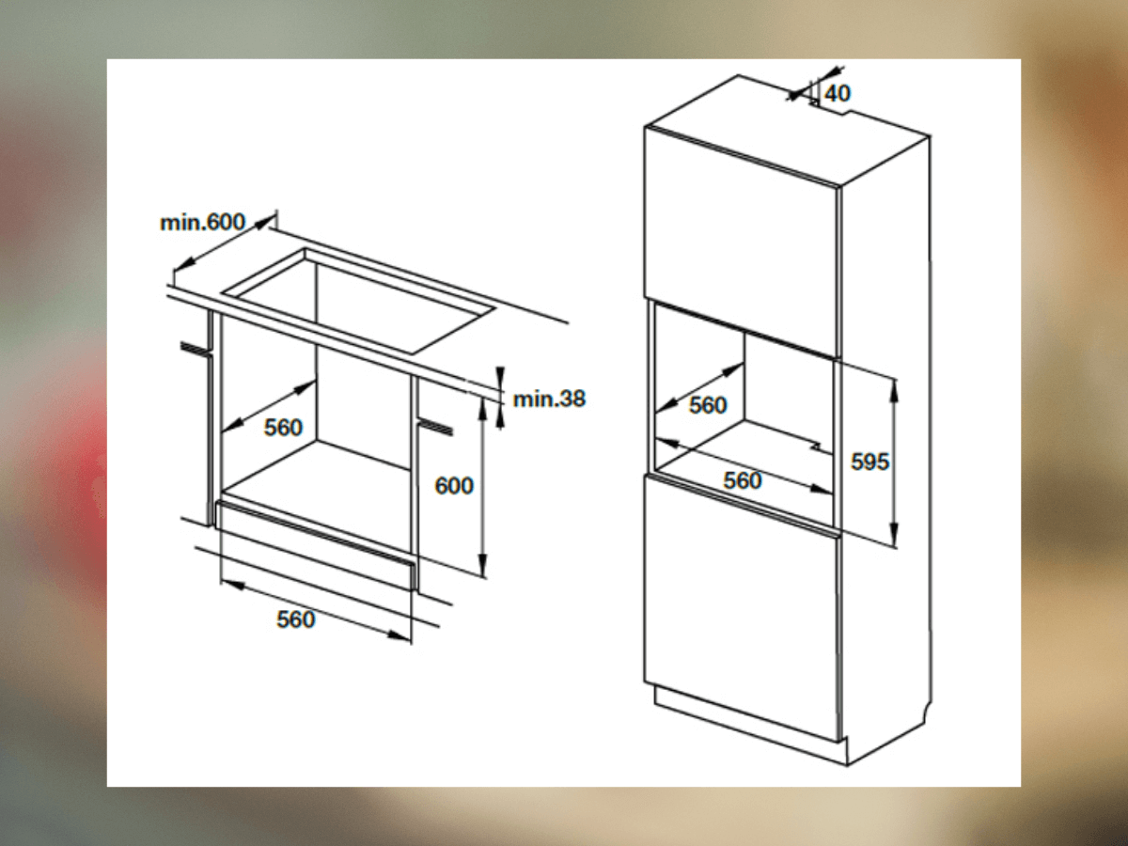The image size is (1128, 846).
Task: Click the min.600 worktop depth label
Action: (x=202, y=223)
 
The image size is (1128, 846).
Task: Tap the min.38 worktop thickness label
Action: (x=549, y=399)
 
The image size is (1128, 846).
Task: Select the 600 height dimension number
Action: (x=454, y=485)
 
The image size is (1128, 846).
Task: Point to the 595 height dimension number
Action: (x=869, y=462)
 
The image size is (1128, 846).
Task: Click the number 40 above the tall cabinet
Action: (x=838, y=93)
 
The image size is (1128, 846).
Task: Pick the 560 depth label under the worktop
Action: (x=283, y=427)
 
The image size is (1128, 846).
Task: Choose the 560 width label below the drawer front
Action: (x=295, y=619)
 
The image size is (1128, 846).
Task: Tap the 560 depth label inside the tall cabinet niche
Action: (x=708, y=405)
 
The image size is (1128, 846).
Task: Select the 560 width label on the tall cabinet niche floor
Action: (x=742, y=480)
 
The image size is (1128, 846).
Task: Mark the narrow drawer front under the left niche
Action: (x=315, y=544)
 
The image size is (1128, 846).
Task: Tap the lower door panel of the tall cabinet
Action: (x=742, y=609)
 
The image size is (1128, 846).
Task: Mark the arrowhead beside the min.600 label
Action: (x=264, y=223)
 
